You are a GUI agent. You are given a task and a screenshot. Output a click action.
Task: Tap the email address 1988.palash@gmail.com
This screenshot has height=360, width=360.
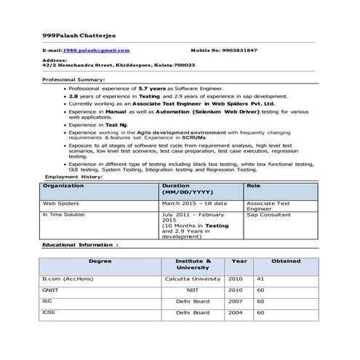tap(96, 50)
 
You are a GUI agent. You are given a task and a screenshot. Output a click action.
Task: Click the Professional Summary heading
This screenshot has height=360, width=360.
tap(73, 79)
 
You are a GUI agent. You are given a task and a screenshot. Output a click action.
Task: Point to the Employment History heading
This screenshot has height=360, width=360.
tap(73, 177)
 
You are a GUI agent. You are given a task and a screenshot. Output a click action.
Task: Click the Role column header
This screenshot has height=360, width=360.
tap(254, 186)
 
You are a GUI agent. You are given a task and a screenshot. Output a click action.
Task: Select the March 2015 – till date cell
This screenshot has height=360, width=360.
tap(195, 204)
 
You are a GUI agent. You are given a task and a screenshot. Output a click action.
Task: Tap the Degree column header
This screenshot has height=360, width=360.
tap(100, 260)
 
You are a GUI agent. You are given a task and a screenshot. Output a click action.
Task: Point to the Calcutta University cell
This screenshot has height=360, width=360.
tap(193, 279)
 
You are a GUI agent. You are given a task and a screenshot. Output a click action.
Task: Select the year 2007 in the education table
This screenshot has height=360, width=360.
tap(235, 301)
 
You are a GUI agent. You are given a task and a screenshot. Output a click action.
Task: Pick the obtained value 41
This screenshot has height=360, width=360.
tap(260, 279)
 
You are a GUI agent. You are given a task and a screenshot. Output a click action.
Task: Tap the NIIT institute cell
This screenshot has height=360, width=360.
tap(193, 290)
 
